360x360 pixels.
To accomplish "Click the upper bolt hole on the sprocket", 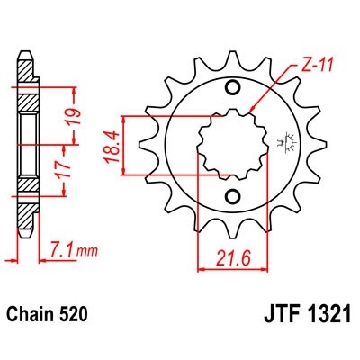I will pyautogui.click(x=234, y=88).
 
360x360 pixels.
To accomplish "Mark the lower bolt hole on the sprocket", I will pyautogui.click(x=234, y=197).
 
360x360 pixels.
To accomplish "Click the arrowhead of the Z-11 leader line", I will pyautogui.click(x=255, y=111).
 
